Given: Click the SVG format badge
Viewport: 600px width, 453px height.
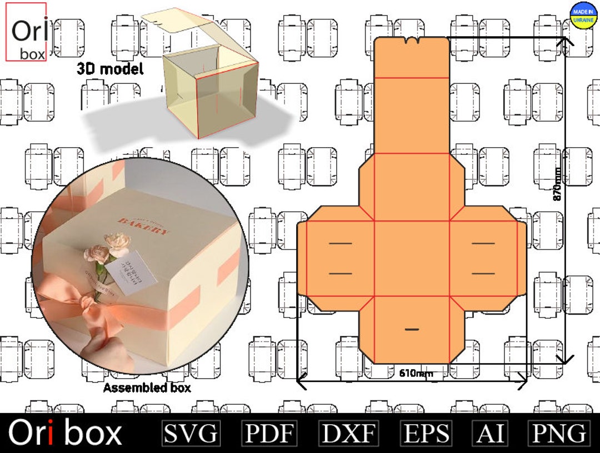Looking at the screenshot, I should pos(191,433).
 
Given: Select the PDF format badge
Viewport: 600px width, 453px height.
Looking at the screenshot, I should pos(269,433).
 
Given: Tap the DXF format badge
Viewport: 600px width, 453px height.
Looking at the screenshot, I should pos(349,433).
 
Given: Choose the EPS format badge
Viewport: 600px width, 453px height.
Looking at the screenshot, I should pos(426,433).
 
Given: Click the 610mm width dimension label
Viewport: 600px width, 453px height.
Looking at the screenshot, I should pos(416,373).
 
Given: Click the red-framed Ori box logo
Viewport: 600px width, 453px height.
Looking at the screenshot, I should pos(26,32).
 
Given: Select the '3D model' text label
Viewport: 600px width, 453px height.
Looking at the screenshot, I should pos(110,69).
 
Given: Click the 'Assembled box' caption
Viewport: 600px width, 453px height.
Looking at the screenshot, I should pos(147,387).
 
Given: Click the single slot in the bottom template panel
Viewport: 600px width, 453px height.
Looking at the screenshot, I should pos(412,329).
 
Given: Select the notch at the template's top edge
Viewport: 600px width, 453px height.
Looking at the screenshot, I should pos(412,41).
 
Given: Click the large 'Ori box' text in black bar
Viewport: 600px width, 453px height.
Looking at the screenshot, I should pos(65,433).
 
